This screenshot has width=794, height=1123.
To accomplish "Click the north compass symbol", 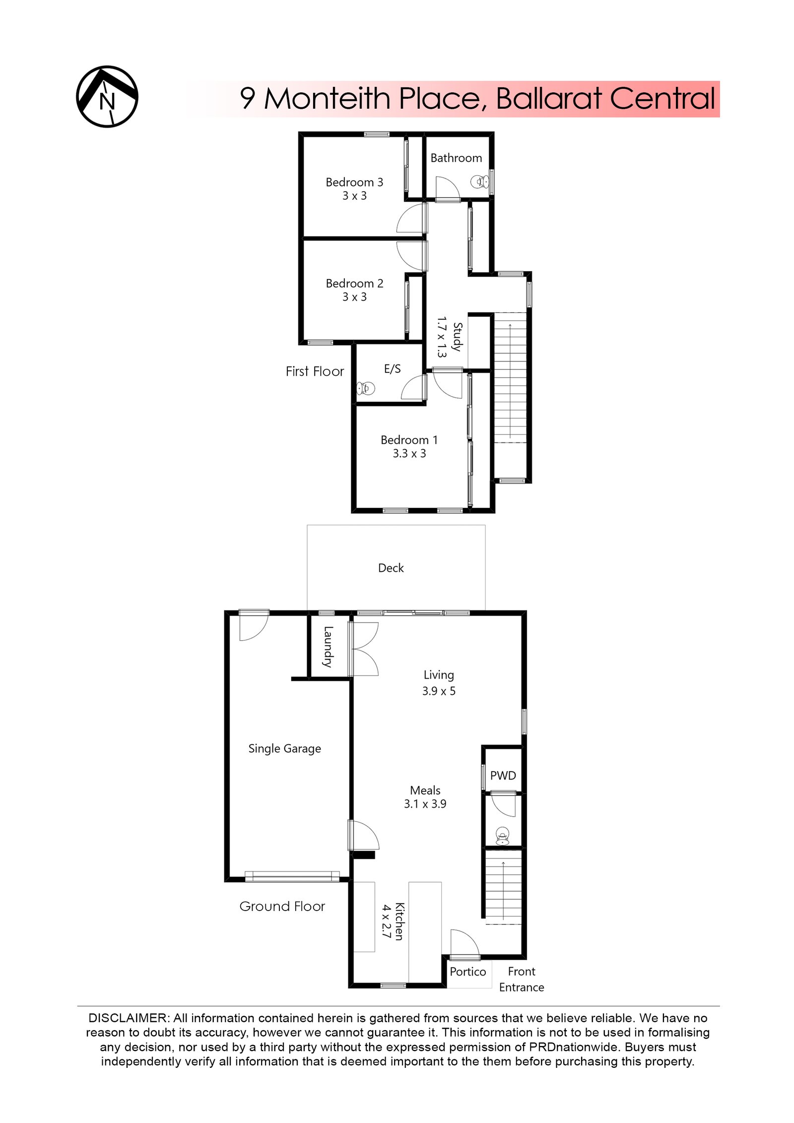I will (107, 96).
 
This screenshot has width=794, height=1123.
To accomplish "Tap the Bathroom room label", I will (456, 158).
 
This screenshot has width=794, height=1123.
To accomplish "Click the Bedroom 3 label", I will (354, 182).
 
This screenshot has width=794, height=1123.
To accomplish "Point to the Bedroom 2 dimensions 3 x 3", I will (354, 297).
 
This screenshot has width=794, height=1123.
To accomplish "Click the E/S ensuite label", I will (392, 368).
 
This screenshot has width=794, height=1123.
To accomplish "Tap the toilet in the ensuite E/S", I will (366, 388).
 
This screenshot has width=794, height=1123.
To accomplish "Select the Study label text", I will (458, 337).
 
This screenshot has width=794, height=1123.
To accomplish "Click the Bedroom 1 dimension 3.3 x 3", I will (409, 453).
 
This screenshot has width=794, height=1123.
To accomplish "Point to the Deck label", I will (391, 568).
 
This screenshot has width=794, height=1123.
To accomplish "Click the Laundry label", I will (328, 646).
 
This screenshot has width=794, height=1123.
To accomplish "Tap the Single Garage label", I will (284, 748).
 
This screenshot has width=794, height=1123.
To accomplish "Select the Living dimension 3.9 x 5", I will (438, 691).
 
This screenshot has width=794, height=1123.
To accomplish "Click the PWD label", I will (503, 775).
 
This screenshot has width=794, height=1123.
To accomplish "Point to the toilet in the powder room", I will (502, 836).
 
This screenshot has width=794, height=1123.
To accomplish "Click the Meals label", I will (425, 790).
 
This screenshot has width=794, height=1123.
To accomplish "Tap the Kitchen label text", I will (399, 921).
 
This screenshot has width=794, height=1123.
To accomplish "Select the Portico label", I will (467, 972).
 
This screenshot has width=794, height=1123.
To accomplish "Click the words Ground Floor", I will (282, 906).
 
